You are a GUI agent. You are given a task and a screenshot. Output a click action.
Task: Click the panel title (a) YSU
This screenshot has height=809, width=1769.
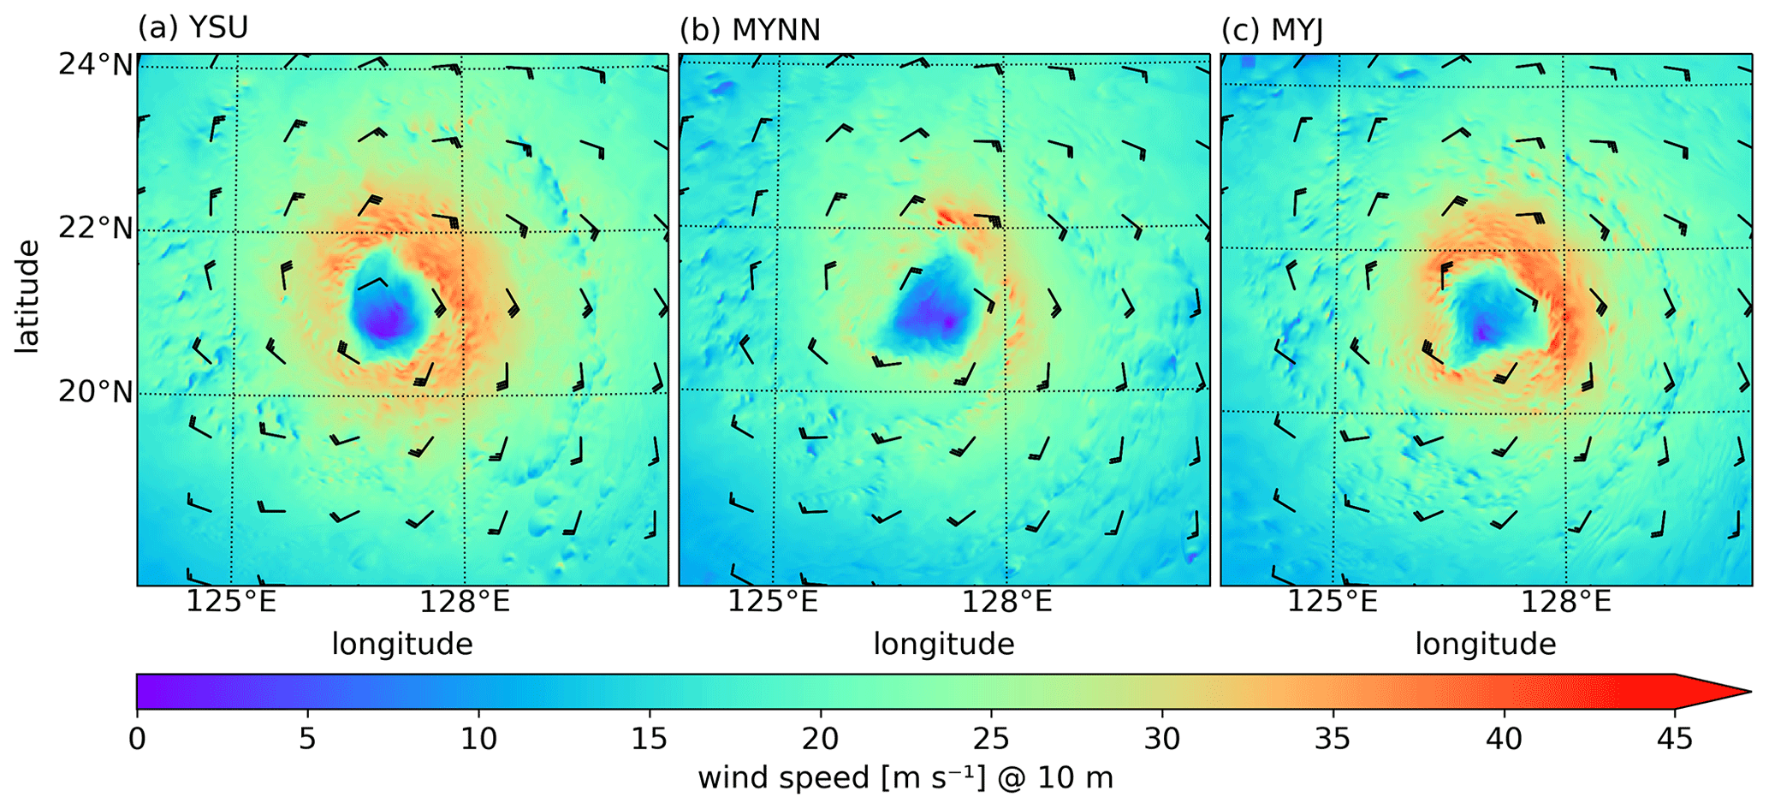tap(193, 28)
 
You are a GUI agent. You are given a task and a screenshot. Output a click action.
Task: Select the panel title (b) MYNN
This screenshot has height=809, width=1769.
tap(750, 30)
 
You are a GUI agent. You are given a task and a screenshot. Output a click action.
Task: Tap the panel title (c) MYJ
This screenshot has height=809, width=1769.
tap(1272, 30)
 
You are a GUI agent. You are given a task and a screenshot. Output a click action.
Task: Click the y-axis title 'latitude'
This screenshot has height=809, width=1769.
tap(27, 295)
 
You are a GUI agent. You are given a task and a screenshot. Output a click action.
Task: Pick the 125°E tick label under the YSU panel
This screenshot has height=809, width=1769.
tap(231, 603)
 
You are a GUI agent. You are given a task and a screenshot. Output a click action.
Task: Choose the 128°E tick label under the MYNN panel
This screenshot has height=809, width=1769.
tap(1006, 603)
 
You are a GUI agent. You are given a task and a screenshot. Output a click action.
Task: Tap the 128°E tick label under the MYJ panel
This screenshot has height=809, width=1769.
tap(1566, 603)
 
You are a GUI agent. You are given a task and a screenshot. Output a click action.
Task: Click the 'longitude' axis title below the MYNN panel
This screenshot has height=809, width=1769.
tap(943, 644)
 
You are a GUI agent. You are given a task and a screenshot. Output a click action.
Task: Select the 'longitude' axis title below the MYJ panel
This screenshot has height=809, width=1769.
tap(1485, 644)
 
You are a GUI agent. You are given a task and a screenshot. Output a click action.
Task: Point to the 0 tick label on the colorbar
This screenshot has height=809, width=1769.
tap(137, 738)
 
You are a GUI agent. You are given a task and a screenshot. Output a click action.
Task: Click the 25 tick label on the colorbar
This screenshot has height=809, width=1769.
tap(991, 738)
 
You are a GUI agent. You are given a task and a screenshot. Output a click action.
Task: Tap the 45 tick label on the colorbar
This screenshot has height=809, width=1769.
tap(1674, 738)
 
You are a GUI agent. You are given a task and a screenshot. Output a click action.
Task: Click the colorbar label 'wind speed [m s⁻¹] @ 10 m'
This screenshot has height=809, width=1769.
tap(905, 778)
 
